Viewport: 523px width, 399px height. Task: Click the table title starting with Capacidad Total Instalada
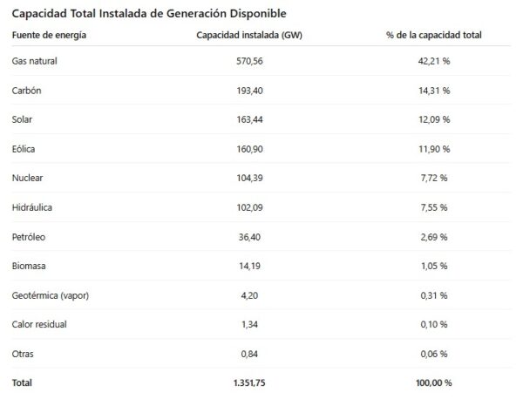(x=148, y=14)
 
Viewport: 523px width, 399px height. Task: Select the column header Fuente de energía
(x=49, y=35)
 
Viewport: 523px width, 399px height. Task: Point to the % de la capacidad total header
(x=433, y=35)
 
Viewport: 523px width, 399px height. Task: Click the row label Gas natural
(x=35, y=62)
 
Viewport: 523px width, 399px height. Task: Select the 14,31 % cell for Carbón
(x=434, y=91)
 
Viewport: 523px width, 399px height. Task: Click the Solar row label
(x=24, y=119)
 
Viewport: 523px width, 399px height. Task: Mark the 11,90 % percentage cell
(x=434, y=149)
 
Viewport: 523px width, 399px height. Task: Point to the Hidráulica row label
(x=33, y=207)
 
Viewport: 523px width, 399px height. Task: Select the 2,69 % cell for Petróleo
(x=434, y=236)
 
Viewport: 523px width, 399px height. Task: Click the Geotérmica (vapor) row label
(x=51, y=294)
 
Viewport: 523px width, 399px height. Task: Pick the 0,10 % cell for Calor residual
(x=434, y=324)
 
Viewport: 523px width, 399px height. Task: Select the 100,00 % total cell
(x=434, y=382)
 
